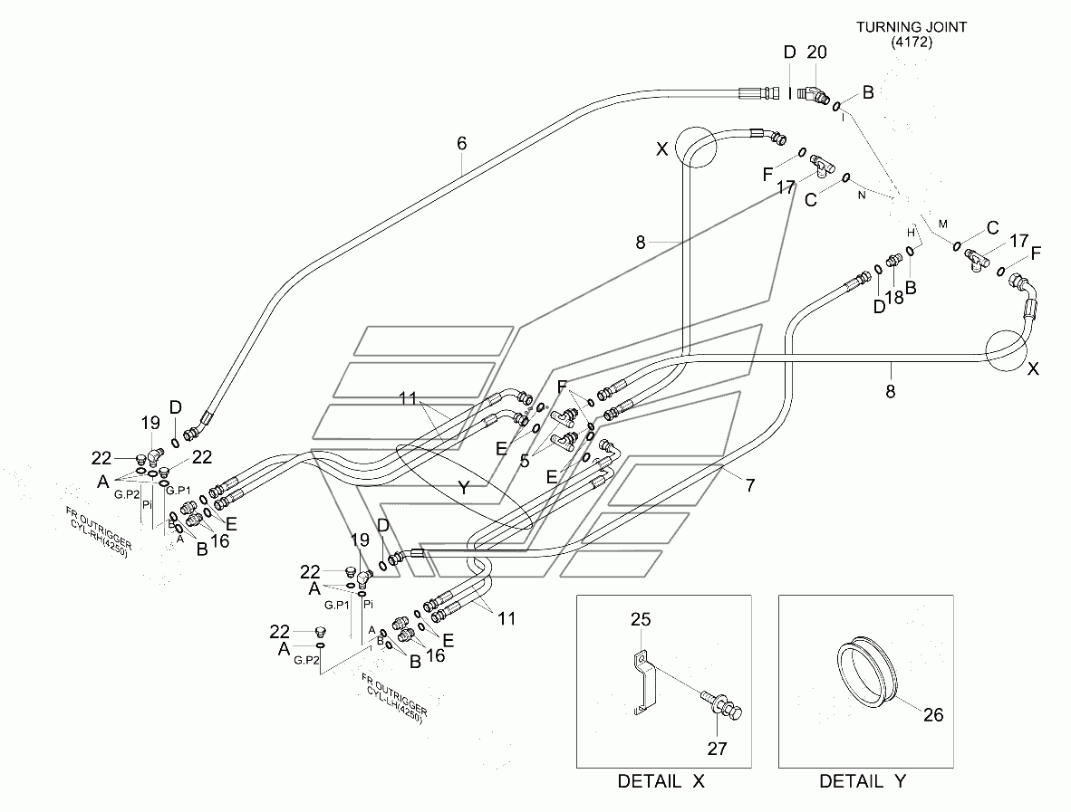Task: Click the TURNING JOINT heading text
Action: click(x=912, y=27)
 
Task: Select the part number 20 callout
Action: click(x=817, y=53)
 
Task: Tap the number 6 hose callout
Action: click(x=462, y=143)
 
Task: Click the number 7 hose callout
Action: click(x=750, y=485)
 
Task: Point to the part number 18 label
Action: click(x=894, y=297)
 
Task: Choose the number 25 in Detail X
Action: click(x=641, y=619)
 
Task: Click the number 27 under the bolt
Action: click(x=718, y=749)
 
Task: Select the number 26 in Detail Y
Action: click(x=933, y=714)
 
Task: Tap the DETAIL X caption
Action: click(x=661, y=781)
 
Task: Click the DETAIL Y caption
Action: click(x=863, y=781)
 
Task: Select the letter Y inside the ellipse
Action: click(x=464, y=488)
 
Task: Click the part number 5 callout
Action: click(x=525, y=462)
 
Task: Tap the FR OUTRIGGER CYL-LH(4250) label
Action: click(x=395, y=699)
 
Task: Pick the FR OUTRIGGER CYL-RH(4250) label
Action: click(x=98, y=532)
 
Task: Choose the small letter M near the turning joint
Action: click(x=943, y=224)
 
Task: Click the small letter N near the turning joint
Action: click(x=862, y=196)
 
